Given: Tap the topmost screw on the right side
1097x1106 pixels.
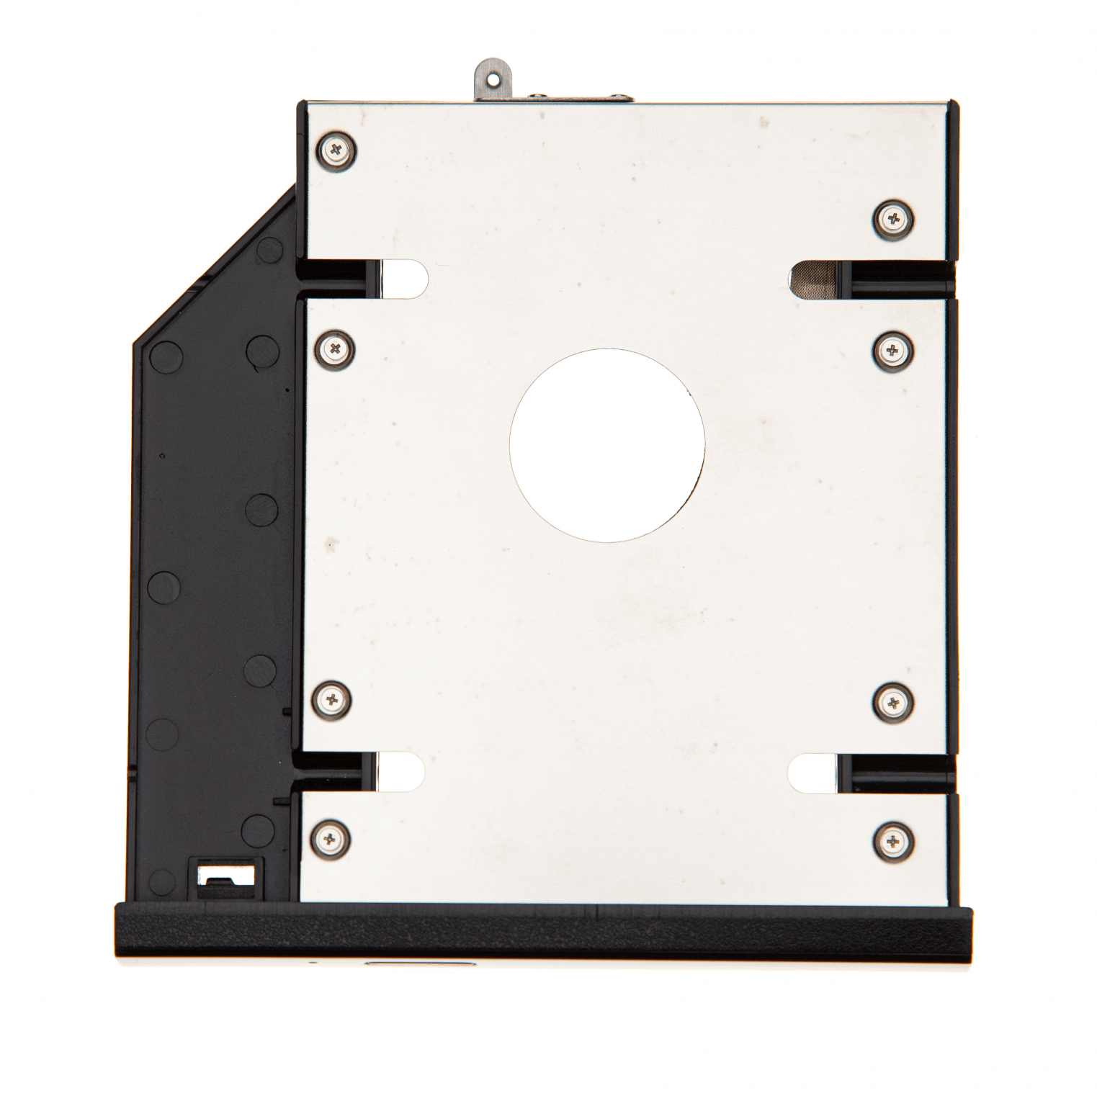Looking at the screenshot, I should coord(893,217).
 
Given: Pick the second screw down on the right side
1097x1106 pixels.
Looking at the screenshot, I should coord(893,350).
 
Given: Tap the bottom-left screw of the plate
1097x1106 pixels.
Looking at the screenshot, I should coord(331,838).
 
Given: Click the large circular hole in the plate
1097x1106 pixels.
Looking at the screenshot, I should coord(606,445).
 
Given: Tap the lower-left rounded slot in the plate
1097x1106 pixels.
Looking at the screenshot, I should coord(400,772).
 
